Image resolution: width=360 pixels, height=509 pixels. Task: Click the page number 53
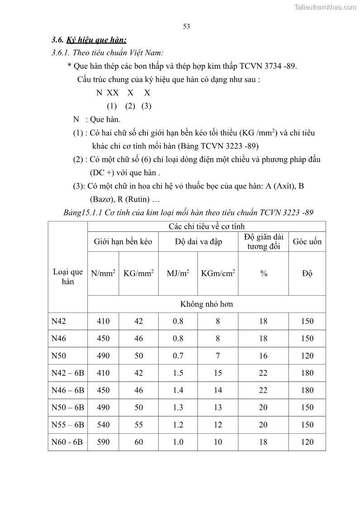point(186,26)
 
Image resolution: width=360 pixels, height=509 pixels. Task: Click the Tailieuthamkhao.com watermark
point(325,7)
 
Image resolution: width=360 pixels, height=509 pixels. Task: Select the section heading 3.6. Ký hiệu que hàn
point(86,40)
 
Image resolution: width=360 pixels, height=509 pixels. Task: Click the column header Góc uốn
point(307,241)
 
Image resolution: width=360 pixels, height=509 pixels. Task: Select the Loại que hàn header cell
point(67,277)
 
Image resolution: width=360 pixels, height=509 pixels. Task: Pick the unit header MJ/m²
point(178,274)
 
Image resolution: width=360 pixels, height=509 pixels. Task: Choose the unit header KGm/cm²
point(218,274)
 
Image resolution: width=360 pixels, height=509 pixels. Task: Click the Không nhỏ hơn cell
point(206,304)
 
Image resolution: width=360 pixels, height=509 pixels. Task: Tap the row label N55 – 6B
point(67,424)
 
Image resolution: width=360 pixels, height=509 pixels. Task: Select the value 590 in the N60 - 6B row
point(103,442)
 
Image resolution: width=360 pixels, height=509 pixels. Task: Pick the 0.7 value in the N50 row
point(178,355)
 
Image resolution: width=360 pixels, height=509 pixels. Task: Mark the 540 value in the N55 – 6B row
point(103,424)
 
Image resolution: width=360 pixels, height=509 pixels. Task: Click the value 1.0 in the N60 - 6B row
point(178,442)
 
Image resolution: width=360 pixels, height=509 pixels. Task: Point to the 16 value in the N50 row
point(263,355)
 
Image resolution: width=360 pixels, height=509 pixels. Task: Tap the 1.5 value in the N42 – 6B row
point(178,373)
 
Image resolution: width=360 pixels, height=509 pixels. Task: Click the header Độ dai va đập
point(198,241)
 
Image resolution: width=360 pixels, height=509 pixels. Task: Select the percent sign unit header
point(263,274)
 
